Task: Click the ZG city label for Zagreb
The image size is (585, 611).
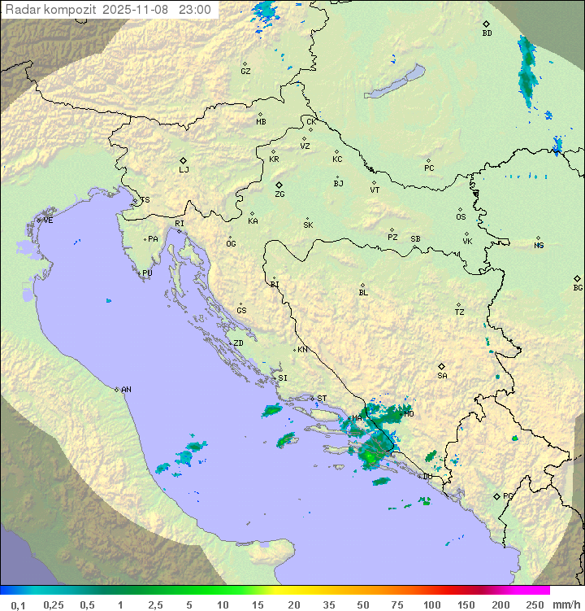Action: [279, 194]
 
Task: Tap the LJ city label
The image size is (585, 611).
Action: [184, 170]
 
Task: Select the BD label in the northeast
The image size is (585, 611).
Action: [487, 33]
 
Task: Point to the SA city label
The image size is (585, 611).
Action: [442, 376]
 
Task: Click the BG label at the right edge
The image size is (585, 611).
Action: [578, 287]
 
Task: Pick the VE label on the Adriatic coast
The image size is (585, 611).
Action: [48, 220]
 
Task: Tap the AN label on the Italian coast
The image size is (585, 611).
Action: [126, 390]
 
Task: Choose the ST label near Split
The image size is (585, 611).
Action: [322, 399]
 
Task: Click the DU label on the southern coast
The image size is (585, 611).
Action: [427, 477]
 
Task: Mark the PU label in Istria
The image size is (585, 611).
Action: [147, 273]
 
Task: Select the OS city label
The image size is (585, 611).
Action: [461, 217]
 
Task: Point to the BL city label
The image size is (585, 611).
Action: [363, 292]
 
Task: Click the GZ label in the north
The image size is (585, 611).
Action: [245, 71]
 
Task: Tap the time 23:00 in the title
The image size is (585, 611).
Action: [195, 10]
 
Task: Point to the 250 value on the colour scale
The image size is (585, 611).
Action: [534, 604]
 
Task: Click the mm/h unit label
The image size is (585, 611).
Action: [564, 604]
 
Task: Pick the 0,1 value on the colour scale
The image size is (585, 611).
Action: [17, 604]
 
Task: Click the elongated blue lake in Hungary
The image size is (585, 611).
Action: [395, 82]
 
